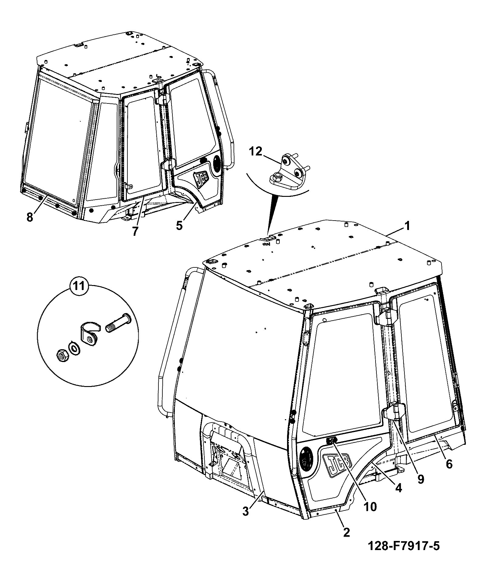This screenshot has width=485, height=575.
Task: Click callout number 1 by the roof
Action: (407, 226)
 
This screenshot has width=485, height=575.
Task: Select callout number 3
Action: (246, 511)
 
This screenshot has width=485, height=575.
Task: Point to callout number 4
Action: (398, 488)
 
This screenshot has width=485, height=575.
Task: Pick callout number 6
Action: (449, 464)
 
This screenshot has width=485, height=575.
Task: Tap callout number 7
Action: (135, 230)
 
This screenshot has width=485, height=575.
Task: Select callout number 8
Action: (30, 218)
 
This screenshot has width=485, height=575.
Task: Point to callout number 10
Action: (369, 506)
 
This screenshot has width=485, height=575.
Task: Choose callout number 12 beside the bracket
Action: (256, 151)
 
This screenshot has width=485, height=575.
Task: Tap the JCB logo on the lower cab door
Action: (338, 466)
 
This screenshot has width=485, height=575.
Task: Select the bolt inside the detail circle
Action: (118, 323)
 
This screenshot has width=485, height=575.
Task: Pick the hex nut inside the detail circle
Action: (63, 355)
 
